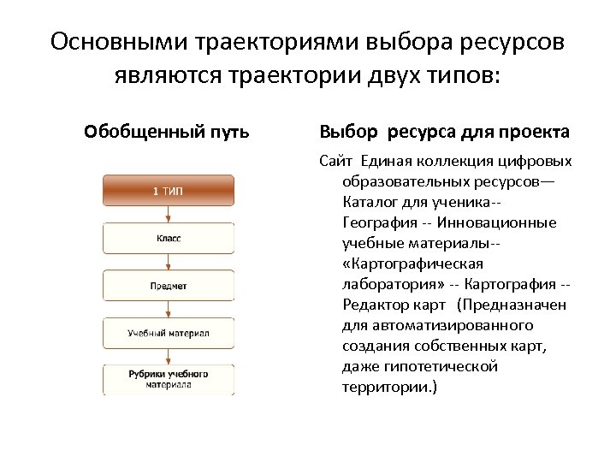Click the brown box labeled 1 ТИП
[x=169, y=190]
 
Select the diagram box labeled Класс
[x=169, y=238]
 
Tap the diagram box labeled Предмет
[x=169, y=285]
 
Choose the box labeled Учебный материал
[x=169, y=332]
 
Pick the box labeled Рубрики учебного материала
[x=169, y=379]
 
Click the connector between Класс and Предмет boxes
[x=169, y=261]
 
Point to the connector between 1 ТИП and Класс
[x=169, y=214]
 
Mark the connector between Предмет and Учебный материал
[x=169, y=309]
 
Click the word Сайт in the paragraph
[x=335, y=161]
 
